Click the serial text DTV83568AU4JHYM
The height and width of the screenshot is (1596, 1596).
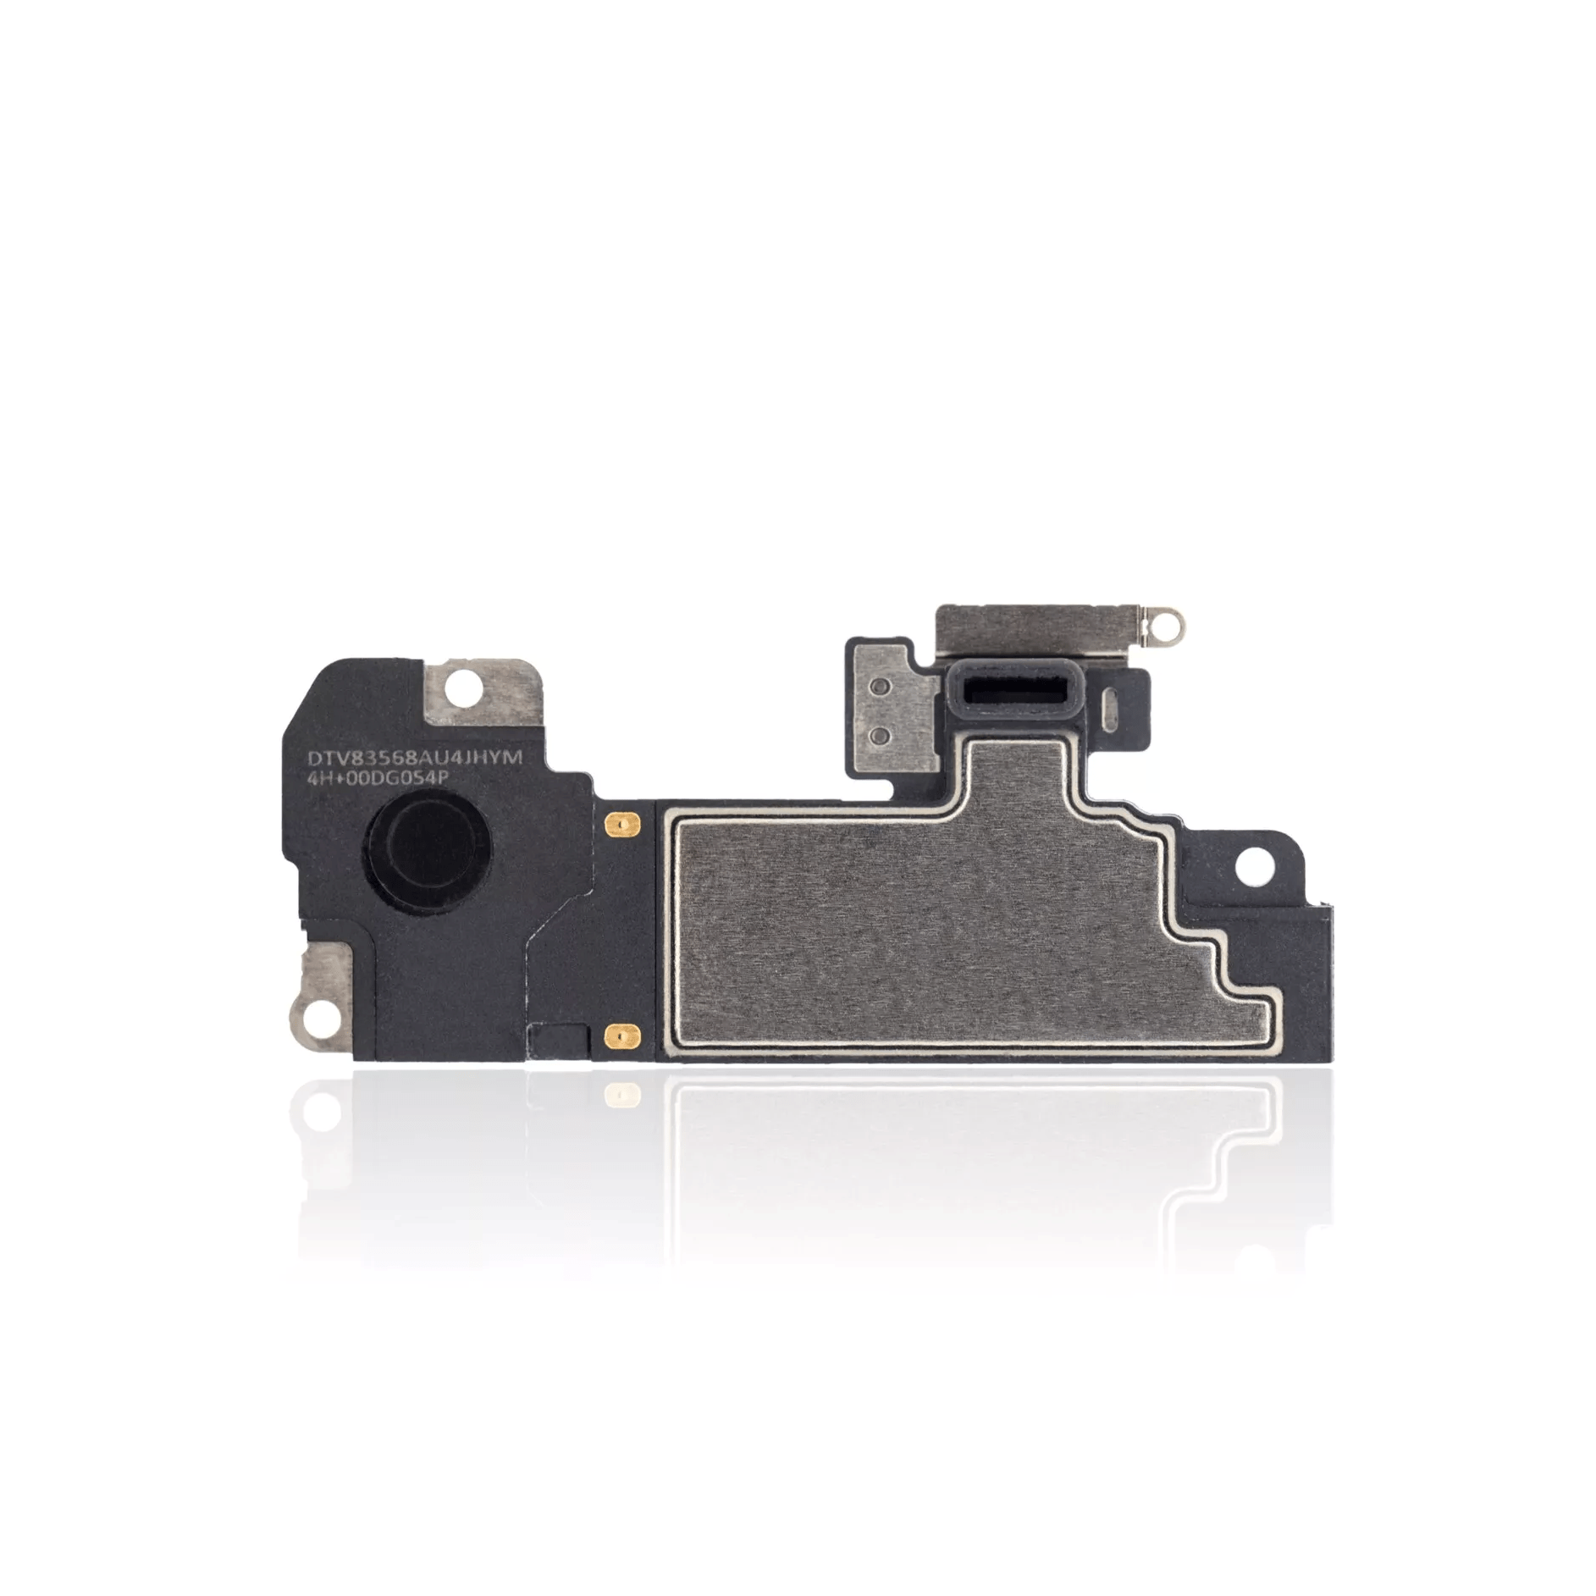click(415, 759)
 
